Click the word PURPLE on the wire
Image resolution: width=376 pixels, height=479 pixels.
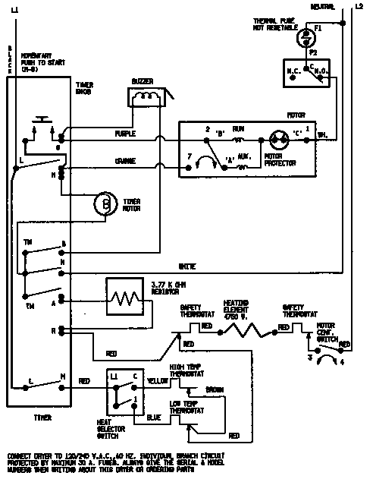click(x=125, y=134)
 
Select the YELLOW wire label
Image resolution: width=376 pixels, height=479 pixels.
click(x=157, y=380)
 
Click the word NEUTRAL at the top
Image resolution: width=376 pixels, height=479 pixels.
click(x=323, y=7)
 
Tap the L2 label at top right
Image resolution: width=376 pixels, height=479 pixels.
click(x=359, y=7)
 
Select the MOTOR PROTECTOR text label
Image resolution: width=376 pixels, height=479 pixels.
click(x=275, y=160)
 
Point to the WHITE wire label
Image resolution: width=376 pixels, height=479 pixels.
click(x=186, y=266)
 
